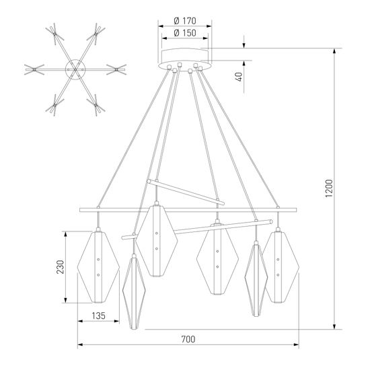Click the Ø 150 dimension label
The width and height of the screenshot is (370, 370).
tap(184, 33)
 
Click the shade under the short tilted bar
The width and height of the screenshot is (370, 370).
tap(157, 241)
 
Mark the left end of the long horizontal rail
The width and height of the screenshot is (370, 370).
tap(80, 211)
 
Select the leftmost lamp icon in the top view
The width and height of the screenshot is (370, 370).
tap(32, 69)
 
